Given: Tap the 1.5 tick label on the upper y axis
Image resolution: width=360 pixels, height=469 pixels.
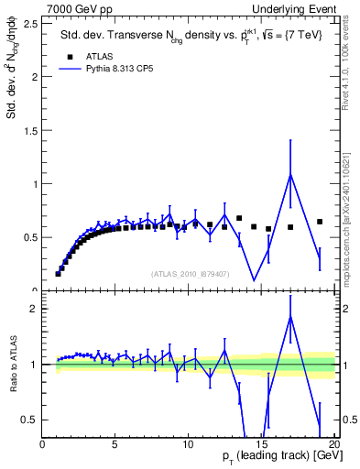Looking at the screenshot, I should point(31,130).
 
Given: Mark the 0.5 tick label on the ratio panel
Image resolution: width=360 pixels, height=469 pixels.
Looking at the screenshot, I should point(31,420).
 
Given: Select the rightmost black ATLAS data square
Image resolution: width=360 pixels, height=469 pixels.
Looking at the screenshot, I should point(320,222).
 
